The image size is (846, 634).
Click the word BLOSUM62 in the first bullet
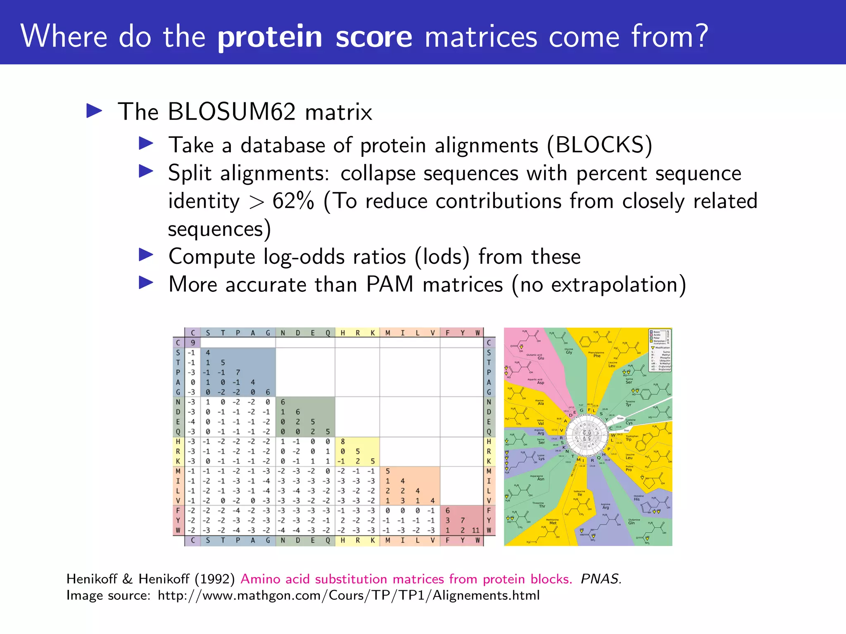tap(231, 112)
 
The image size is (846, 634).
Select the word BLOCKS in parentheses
tap(600, 145)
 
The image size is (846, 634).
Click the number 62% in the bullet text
tap(293, 201)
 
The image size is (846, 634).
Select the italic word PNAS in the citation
tap(600, 579)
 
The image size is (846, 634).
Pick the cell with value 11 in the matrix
tap(475, 530)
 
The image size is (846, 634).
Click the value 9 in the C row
tap(193, 343)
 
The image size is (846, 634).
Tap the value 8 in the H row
tap(342, 442)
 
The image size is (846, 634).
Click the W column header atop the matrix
tap(478, 333)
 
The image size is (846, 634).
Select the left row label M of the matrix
tap(178, 471)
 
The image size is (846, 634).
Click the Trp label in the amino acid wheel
tap(628, 440)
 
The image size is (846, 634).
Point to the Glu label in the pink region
tap(541, 358)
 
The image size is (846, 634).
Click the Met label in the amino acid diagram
tap(553, 523)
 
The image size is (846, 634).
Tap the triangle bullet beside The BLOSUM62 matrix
tap(94, 111)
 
